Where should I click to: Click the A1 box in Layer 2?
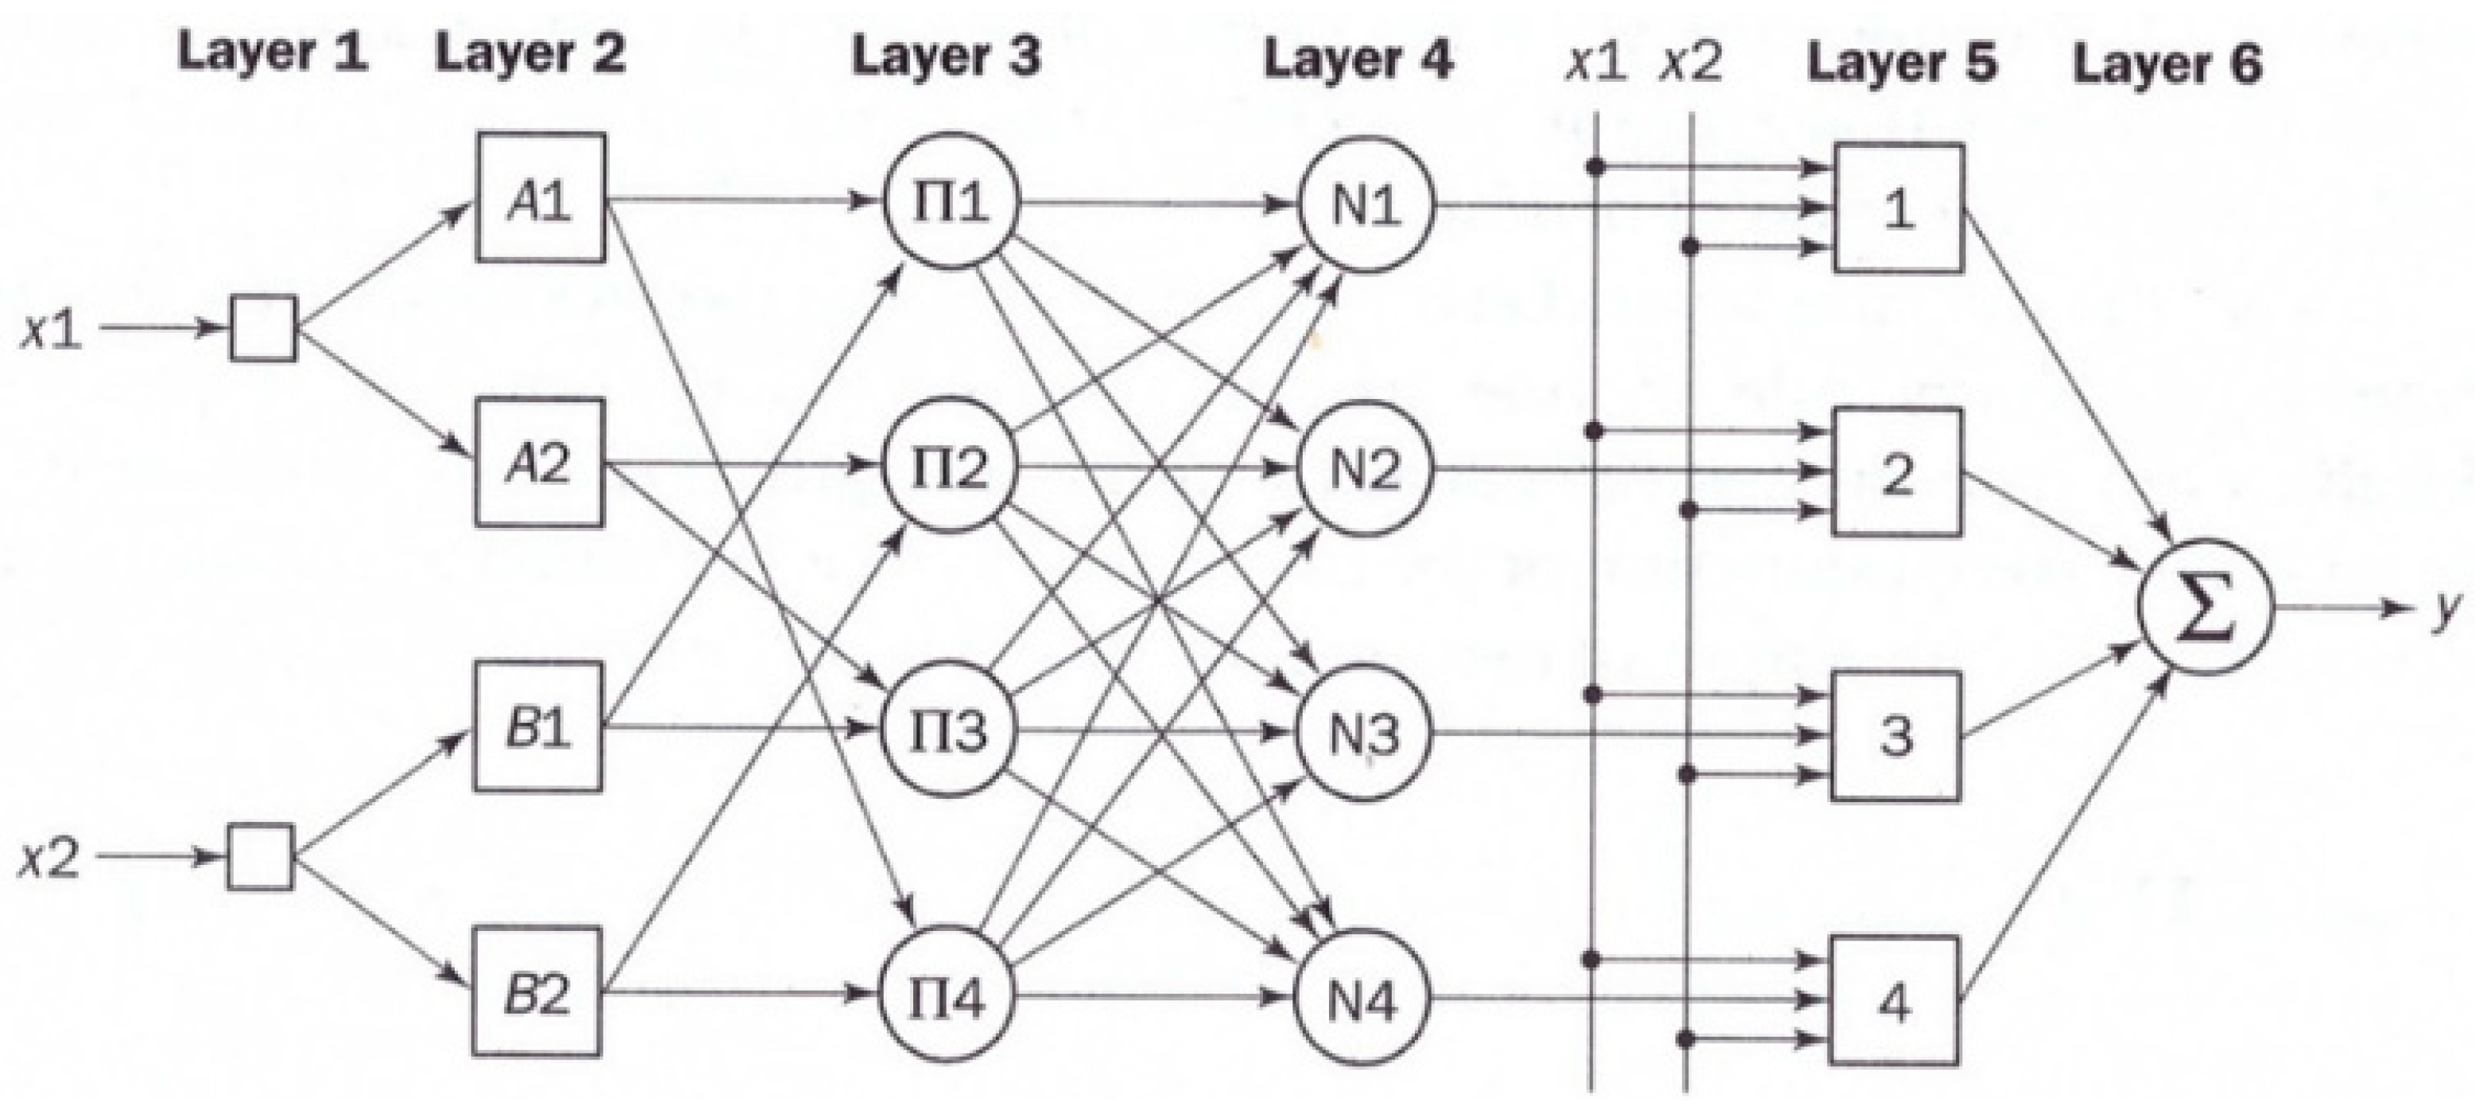[540, 198]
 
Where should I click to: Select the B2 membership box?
[537, 992]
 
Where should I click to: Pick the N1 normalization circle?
[1366, 204]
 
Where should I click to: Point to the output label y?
[2446, 609]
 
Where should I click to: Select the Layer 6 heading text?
[2167, 64]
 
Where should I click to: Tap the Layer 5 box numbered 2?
[1897, 473]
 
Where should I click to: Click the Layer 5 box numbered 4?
[1894, 1002]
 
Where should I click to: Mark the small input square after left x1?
[263, 329]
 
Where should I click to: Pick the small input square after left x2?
[260, 857]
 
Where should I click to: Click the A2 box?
[540, 463]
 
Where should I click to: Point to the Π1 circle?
[950, 202]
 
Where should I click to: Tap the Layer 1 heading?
[273, 52]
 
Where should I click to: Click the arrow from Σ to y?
[2340, 608]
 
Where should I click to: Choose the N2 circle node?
[1365, 469]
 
